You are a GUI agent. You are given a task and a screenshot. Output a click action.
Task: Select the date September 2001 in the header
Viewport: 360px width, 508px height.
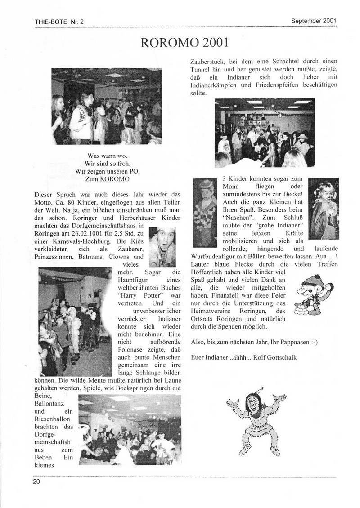pyautogui.click(x=314, y=21)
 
